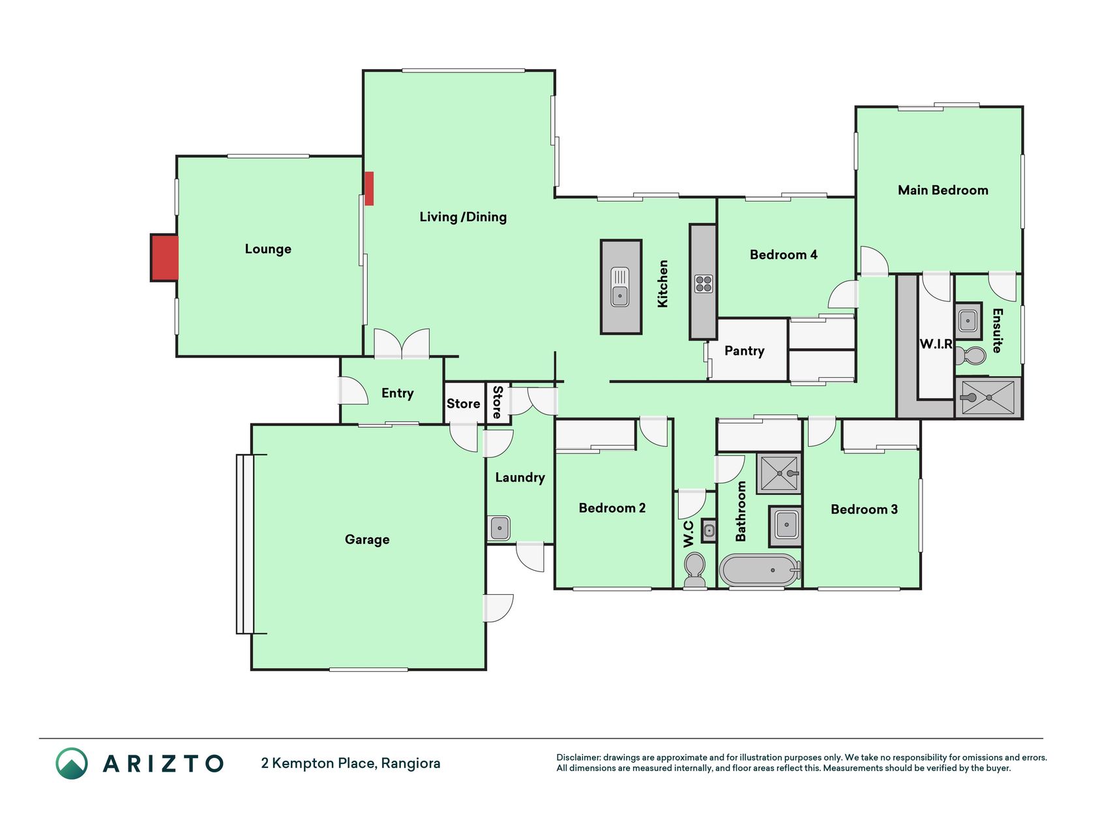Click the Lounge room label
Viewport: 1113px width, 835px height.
[x=268, y=249]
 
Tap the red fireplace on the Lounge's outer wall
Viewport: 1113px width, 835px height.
[x=164, y=258]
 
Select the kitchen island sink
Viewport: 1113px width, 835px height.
[x=620, y=287]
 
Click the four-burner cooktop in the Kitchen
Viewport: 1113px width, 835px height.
[x=704, y=284]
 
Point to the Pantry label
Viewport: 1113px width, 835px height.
[x=744, y=351]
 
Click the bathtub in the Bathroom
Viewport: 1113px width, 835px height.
[x=760, y=570]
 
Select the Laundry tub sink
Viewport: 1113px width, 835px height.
[x=499, y=528]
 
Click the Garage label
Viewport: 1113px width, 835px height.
[x=367, y=539]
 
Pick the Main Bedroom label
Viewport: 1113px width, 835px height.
[x=943, y=190]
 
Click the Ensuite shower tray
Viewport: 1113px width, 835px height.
[x=988, y=397]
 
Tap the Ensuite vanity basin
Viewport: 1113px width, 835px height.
[x=968, y=321]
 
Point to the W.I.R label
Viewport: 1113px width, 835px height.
[x=936, y=344]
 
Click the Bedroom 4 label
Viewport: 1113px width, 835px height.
[x=783, y=254]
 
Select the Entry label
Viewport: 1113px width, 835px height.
[x=397, y=393]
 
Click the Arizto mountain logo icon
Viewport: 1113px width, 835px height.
[x=72, y=763]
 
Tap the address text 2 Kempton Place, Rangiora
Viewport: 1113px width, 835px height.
[x=351, y=763]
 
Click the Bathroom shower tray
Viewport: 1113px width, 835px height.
[x=779, y=473]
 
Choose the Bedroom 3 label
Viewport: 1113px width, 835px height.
[x=864, y=509]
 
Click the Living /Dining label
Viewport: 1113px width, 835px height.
[x=463, y=217]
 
